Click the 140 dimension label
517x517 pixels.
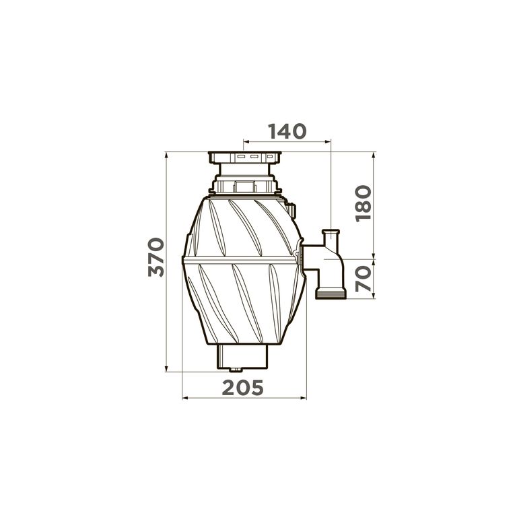click(287, 131)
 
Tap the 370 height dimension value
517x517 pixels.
click(156, 257)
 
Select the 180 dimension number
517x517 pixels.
click(364, 203)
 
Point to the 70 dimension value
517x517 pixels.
click(364, 279)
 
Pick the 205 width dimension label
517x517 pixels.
click(242, 388)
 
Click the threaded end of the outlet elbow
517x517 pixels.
click(331, 293)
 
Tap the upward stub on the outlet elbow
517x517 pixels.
click(331, 238)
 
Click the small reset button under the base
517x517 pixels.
click(236, 370)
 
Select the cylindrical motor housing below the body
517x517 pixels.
click(242, 356)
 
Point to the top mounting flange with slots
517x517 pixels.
click(244, 158)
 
